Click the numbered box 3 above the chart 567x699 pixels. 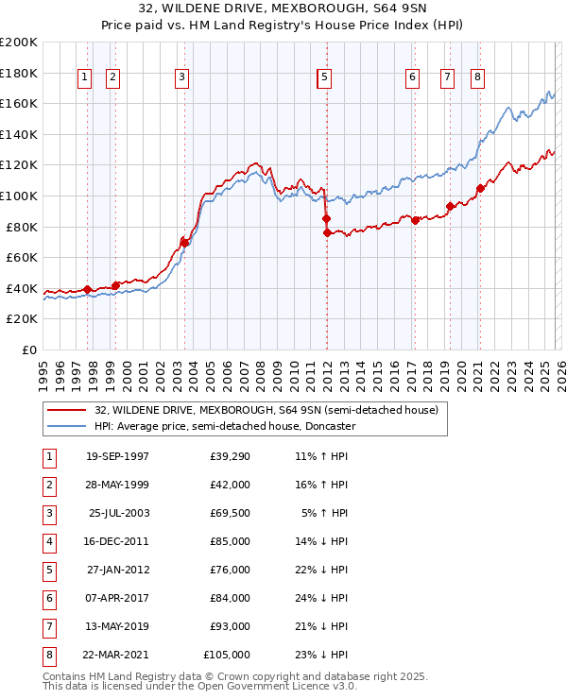pos(180,77)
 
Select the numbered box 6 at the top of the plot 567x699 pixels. pos(413,77)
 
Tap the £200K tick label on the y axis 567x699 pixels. pos(19,43)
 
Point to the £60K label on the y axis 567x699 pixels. pos(22,257)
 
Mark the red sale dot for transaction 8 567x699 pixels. pos(480,188)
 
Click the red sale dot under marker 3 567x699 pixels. pos(185,243)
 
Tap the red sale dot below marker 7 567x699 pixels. pos(450,207)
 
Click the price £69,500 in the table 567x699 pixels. pos(231,514)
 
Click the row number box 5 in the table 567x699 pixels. pos(49,571)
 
